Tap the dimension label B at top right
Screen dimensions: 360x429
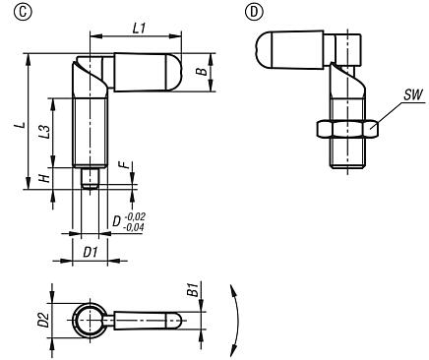pos(200,72)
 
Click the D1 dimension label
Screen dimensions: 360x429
pos(88,252)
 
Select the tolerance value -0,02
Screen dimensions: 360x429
pos(135,217)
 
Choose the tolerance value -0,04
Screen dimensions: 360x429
pos(135,227)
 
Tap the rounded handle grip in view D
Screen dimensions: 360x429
pos(284,49)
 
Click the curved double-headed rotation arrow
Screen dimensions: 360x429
pos(232,320)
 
